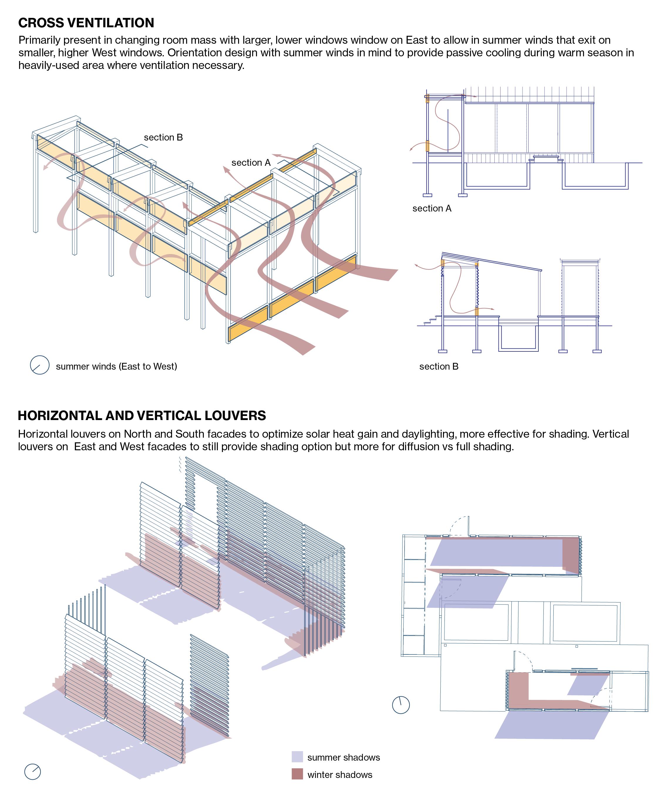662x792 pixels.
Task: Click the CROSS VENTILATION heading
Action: (86, 23)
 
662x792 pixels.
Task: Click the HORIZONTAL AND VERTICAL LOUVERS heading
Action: (142, 416)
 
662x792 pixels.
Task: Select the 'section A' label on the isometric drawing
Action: (251, 163)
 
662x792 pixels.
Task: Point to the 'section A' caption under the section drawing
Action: (432, 209)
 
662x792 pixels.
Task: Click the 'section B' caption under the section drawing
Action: (439, 367)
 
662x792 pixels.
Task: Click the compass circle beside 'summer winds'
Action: (40, 365)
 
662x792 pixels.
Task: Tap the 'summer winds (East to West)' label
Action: (116, 367)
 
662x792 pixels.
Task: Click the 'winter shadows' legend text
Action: (340, 775)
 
